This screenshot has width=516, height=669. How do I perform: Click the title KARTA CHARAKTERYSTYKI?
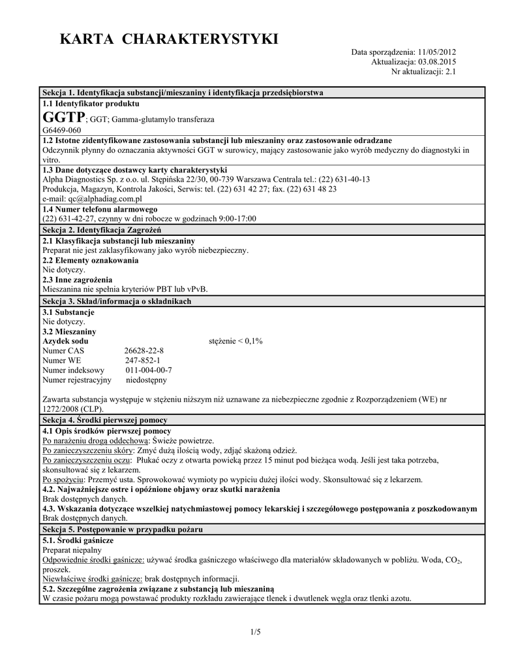(x=169, y=40)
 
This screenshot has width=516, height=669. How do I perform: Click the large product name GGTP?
(x=63, y=118)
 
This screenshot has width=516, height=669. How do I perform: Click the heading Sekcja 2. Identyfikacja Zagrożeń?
(x=101, y=230)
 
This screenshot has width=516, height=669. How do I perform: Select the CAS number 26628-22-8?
(x=144, y=350)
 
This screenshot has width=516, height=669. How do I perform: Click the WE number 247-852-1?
(x=142, y=360)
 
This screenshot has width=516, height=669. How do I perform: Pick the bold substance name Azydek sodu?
(x=65, y=341)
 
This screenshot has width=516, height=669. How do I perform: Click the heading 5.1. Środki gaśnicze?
(x=78, y=541)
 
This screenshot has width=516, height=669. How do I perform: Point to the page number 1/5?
(x=255, y=632)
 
